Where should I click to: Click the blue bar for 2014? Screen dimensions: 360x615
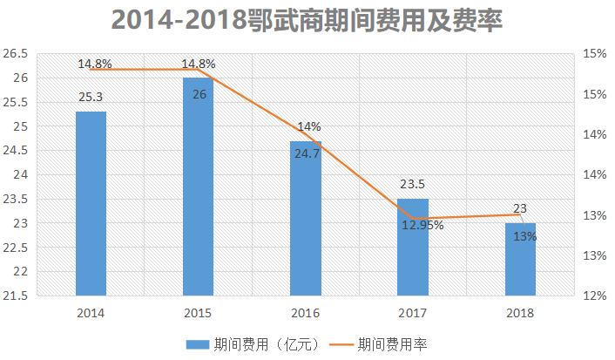91,203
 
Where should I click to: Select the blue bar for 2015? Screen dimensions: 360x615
198,187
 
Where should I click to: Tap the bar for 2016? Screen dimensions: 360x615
306,218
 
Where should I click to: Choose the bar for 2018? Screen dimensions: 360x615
520,259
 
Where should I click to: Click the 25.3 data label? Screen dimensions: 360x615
91,98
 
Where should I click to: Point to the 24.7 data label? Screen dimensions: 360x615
306,153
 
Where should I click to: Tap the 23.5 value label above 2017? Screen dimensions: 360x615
413,185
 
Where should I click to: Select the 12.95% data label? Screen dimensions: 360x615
422,225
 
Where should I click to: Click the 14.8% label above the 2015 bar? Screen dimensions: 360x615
198,64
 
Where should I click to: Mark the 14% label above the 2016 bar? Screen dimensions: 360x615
308,127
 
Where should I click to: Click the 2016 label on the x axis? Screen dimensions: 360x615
306,311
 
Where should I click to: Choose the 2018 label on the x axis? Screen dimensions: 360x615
520,311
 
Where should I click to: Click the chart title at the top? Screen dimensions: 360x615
307,19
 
